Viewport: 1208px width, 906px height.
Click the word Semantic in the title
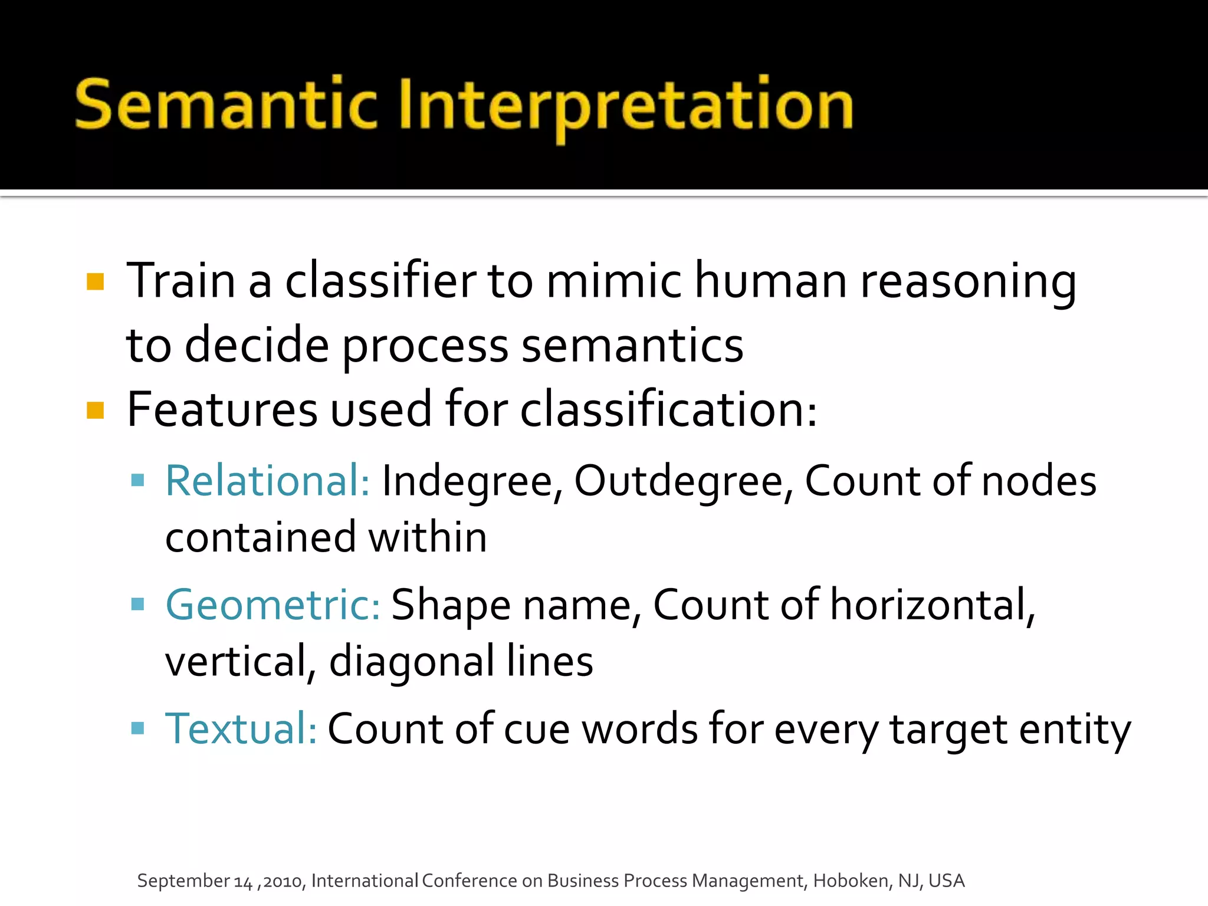click(226, 105)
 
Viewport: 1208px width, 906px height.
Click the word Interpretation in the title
click(626, 106)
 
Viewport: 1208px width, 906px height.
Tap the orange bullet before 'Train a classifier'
click(95, 281)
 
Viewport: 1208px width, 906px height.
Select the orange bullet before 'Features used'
click(95, 410)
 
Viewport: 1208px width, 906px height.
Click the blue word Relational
click(267, 481)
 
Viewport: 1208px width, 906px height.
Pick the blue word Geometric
click(273, 605)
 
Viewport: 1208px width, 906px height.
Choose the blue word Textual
click(241, 729)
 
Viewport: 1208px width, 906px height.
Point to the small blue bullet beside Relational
click(138, 480)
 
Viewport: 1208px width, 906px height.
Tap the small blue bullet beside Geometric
click(138, 604)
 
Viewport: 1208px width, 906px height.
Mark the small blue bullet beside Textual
click(138, 728)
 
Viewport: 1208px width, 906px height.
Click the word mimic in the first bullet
click(613, 281)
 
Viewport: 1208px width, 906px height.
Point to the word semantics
click(632, 346)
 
